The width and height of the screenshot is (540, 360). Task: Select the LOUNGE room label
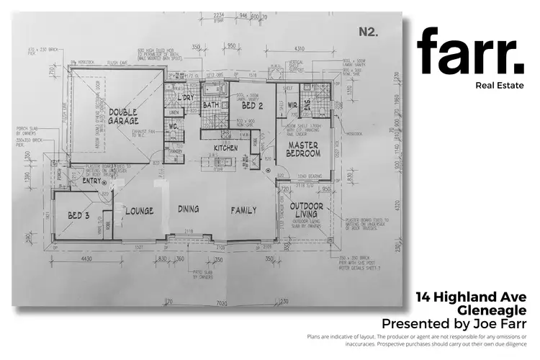tap(140, 211)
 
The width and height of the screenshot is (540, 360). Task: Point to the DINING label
tap(188, 210)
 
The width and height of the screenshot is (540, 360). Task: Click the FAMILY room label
tap(243, 211)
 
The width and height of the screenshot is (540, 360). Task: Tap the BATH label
tap(211, 105)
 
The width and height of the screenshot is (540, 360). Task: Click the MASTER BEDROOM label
tap(303, 149)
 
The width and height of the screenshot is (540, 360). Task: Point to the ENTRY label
tap(93, 181)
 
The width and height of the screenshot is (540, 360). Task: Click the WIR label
tap(292, 106)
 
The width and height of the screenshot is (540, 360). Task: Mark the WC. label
tap(172, 127)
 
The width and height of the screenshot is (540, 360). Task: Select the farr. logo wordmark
tap(470, 53)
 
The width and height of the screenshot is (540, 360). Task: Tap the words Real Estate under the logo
tap(500, 86)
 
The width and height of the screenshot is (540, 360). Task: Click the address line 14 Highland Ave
tap(472, 297)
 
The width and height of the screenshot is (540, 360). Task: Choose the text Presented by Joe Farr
tap(454, 323)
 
